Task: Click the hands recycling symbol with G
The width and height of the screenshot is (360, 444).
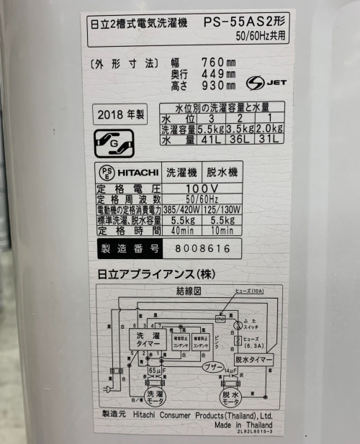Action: (115, 143)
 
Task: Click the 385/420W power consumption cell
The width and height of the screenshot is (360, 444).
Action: (183, 209)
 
